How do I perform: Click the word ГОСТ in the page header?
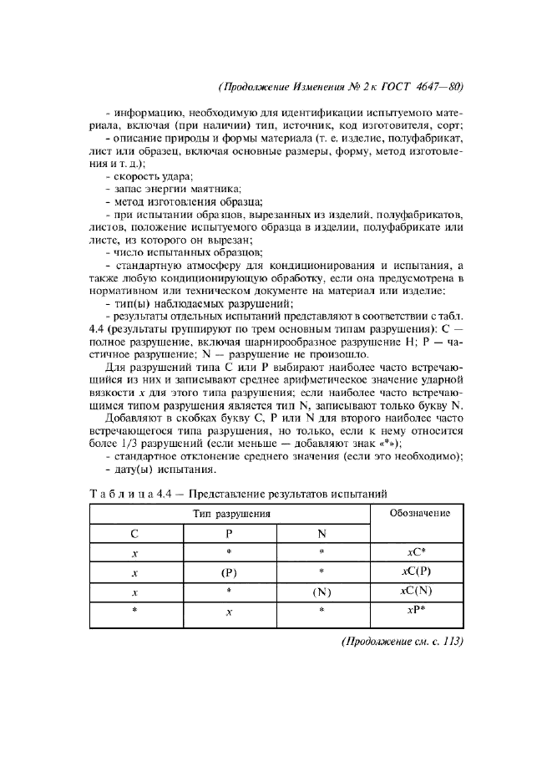coord(381,87)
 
